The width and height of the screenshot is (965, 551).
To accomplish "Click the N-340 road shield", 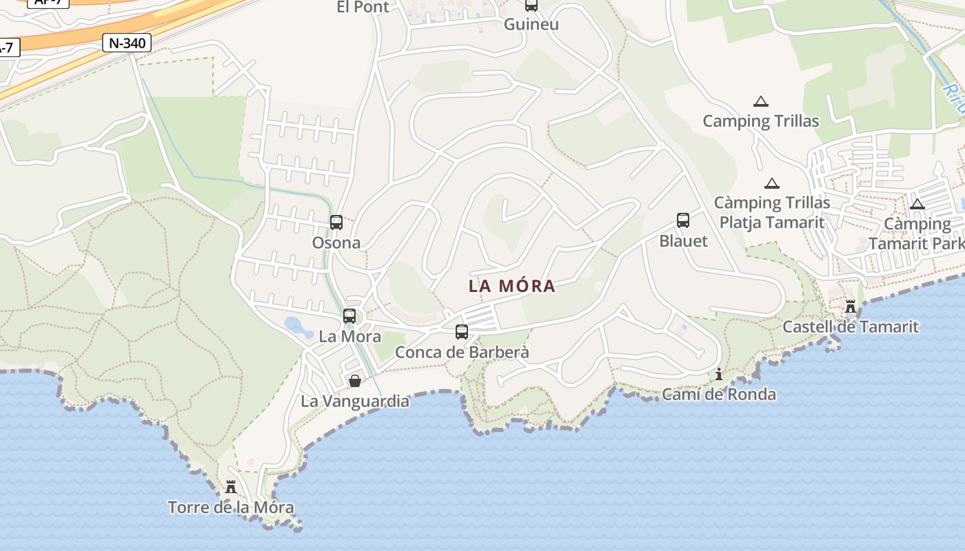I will click(127, 43).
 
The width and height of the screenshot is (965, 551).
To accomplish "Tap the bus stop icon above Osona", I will click(336, 222).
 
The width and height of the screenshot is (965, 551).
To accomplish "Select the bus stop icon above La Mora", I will click(349, 316).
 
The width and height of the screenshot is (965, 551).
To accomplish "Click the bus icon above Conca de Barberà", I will click(462, 332).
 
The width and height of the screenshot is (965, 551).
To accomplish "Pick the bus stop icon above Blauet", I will click(683, 220).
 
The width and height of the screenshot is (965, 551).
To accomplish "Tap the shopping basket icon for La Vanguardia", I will click(355, 381).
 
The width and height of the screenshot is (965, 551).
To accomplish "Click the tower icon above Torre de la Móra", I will click(231, 487).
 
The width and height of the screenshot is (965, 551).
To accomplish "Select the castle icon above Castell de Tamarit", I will click(851, 306).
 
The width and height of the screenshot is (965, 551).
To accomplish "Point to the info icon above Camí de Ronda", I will click(719, 374).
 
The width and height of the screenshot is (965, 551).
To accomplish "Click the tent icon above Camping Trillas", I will click(761, 102).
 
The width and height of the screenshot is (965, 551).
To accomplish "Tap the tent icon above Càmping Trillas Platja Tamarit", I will click(772, 184).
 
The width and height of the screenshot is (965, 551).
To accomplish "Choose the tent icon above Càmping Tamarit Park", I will click(917, 204).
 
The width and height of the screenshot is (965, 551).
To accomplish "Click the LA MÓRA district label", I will click(512, 286).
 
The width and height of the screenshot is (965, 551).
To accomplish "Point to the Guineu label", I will click(531, 24).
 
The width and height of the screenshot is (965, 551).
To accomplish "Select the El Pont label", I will click(363, 7).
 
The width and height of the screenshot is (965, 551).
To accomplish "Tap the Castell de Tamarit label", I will click(851, 326).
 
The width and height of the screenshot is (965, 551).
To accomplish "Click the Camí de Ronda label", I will click(719, 395).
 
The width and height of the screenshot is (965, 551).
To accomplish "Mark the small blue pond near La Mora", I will click(298, 325).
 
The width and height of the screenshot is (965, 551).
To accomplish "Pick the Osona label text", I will click(336, 242).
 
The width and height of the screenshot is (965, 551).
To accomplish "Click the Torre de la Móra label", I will click(231, 508).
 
